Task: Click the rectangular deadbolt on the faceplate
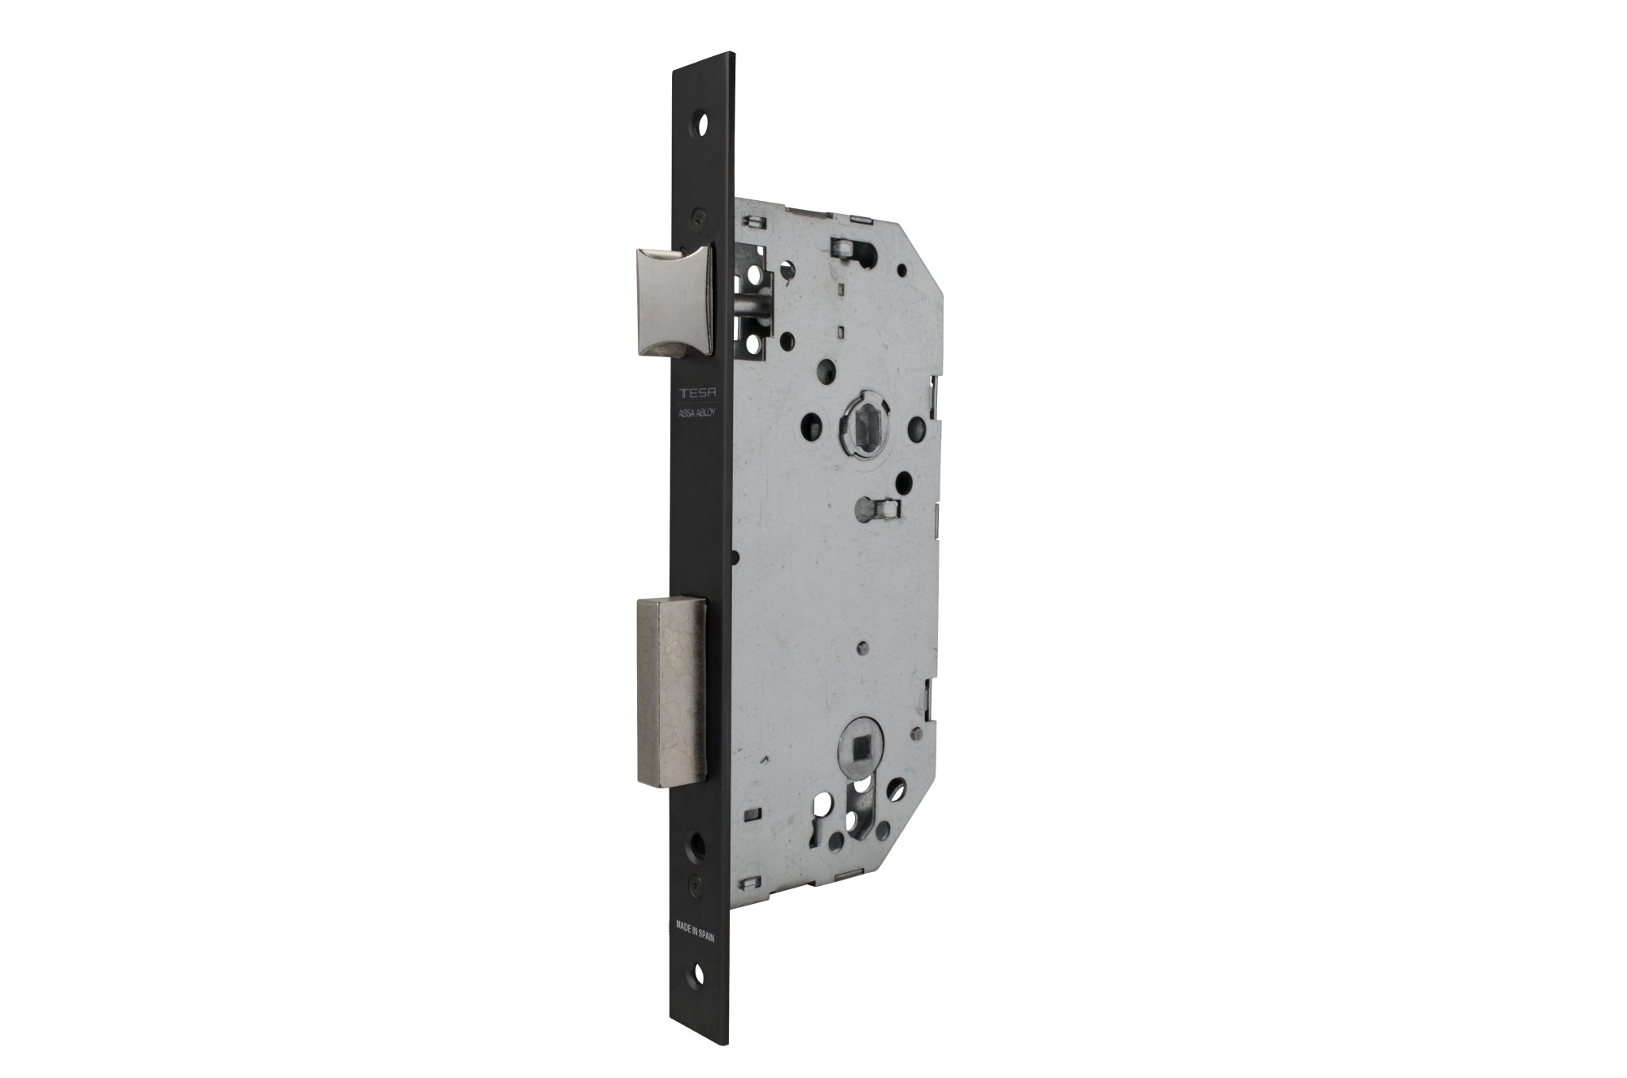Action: point(672,692)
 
